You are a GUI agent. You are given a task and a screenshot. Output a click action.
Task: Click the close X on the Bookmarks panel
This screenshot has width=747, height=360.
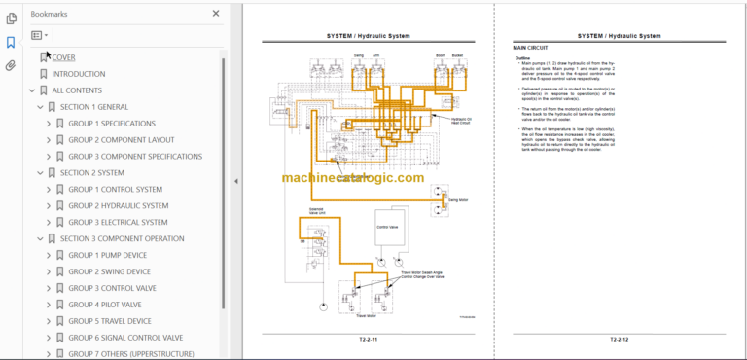click(x=216, y=14)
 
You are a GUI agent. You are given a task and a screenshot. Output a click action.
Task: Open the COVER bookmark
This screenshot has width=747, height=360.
click(x=63, y=57)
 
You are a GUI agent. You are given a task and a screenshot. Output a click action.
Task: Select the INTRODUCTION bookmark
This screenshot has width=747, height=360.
click(x=79, y=74)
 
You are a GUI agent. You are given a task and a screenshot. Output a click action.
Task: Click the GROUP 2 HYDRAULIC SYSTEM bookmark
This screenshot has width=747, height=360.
click(x=118, y=205)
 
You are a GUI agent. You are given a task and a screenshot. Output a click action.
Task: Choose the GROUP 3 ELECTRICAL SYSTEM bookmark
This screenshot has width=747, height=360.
click(x=118, y=222)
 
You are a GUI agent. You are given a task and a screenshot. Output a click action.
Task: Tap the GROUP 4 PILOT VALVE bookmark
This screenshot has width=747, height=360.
click(x=104, y=305)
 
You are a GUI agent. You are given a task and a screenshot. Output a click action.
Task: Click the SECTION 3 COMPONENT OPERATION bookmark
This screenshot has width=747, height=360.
click(x=122, y=238)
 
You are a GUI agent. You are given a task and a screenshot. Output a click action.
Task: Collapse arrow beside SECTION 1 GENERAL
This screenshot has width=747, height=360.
click(x=40, y=107)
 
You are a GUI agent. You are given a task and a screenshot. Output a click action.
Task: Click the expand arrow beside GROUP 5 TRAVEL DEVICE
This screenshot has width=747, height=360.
click(x=49, y=321)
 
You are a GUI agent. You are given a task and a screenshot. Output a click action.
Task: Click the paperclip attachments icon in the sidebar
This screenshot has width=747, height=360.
click(x=11, y=65)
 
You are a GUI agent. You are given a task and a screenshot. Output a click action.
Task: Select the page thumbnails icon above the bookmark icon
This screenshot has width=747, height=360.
click(x=11, y=18)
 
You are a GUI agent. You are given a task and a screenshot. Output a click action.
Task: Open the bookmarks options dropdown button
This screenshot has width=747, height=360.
click(x=39, y=35)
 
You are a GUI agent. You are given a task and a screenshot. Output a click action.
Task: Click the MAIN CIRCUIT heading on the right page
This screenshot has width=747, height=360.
click(x=533, y=48)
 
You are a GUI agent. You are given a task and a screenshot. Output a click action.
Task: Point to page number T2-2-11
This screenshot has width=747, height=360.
click(x=368, y=339)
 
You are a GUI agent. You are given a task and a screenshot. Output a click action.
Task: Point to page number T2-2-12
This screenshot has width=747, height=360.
click(x=620, y=339)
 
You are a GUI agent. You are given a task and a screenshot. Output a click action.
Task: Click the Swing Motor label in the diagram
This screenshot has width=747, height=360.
click(x=458, y=200)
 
